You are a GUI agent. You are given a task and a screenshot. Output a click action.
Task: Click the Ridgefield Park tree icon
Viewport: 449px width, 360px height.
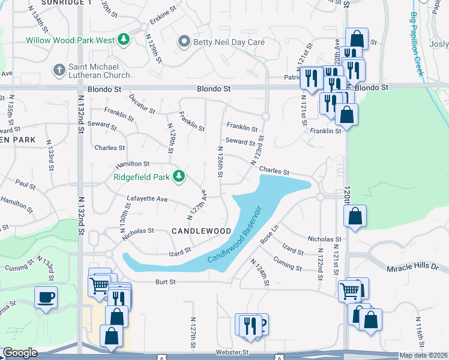coord(178,176)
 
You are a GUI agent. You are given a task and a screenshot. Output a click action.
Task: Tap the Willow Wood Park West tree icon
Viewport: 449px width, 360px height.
coord(124,40)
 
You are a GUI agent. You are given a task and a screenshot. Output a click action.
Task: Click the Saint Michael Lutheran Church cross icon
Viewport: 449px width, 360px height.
coord(59,70)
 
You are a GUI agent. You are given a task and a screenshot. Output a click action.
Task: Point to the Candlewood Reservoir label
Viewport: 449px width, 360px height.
coord(236,234)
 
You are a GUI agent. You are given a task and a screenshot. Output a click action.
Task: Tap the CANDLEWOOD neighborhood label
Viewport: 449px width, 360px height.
coord(201,231)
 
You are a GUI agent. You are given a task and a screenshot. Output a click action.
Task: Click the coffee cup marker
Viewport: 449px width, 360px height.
coord(46,296)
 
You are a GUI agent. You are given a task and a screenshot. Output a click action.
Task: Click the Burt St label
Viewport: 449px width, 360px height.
coord(165,281)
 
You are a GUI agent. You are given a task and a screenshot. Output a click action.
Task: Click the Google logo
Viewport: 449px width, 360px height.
coord(20,353)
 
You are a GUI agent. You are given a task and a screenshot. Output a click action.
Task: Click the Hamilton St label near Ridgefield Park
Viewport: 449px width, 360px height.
coord(129,163)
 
